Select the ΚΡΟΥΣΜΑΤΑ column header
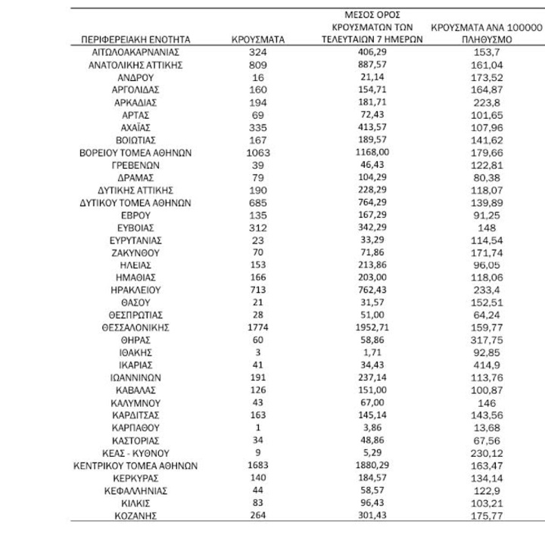pos(257,39)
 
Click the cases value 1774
pos(257,328)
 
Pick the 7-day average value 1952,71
pos(371,328)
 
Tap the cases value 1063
pos(257,152)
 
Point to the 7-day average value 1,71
pos(371,352)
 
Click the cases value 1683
pos(257,466)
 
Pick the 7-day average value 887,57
pos(371,65)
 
